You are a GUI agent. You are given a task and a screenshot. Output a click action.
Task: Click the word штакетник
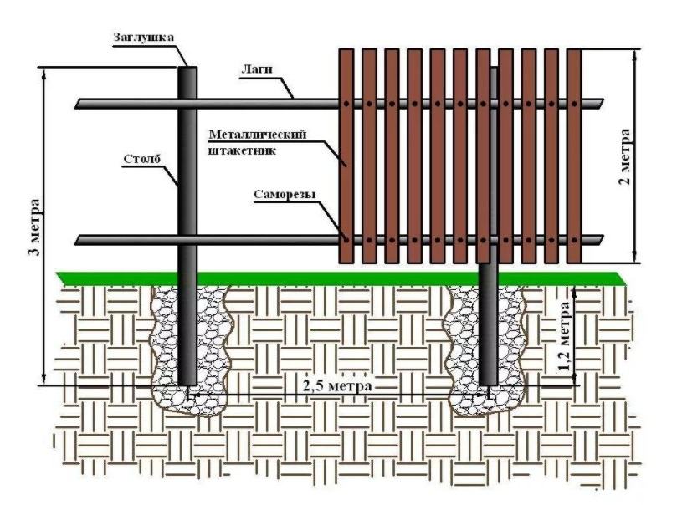click(x=242, y=150)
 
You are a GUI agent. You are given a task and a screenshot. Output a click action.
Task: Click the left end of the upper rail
click(x=79, y=104)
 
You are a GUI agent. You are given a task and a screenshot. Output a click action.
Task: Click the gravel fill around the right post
click(x=464, y=343)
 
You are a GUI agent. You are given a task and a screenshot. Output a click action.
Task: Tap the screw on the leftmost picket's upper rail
click(x=346, y=104)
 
